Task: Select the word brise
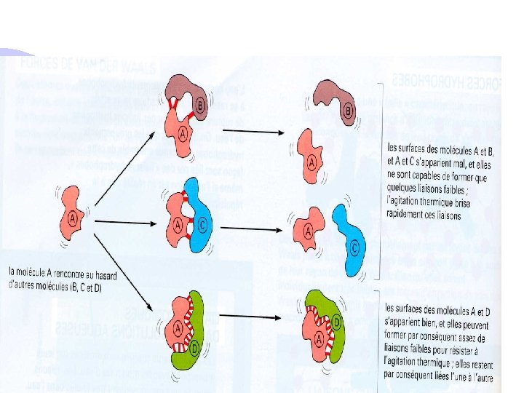pos(458,203)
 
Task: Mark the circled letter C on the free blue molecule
pos(354,247)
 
